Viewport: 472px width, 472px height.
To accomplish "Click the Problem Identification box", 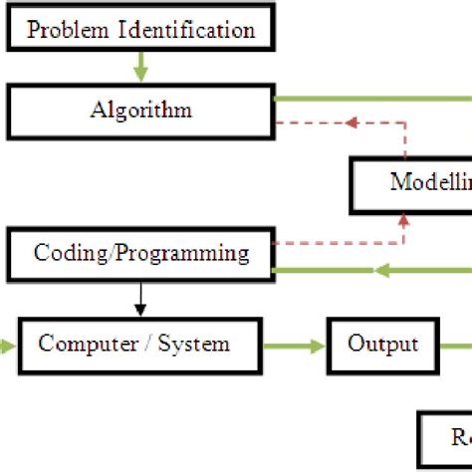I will [140, 29].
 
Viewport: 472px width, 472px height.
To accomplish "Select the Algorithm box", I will [140, 110].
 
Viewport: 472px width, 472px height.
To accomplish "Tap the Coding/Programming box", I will [140, 253].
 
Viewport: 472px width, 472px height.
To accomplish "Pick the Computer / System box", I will [134, 346].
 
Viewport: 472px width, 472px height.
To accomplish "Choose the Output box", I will [383, 346].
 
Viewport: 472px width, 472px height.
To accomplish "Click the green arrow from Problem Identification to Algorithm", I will [140, 68].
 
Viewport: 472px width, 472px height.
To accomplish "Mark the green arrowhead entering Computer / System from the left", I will [8, 346].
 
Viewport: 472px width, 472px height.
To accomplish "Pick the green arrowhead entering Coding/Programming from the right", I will [281, 269].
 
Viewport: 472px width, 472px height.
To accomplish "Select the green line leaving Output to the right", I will [456, 346].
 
